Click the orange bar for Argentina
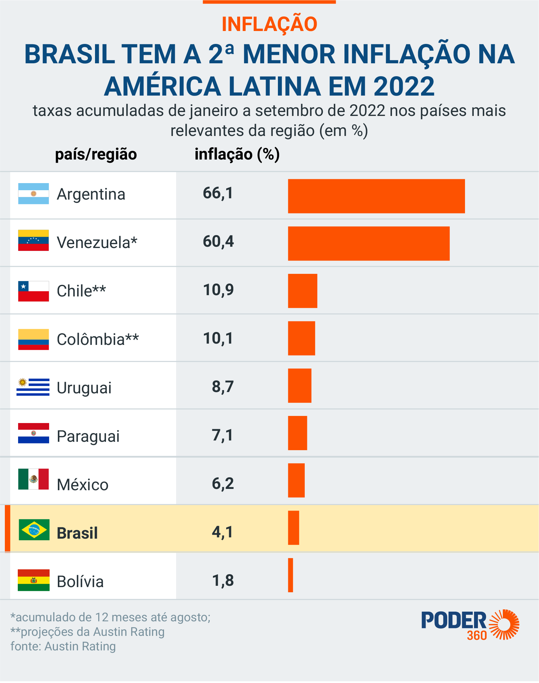coord(376,196)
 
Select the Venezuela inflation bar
coord(369,243)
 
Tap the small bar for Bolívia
coord(291,575)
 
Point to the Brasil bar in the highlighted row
coord(293,528)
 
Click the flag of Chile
coord(34,291)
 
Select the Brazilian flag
coord(34,530)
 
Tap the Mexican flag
coord(34,479)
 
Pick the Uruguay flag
coord(33,387)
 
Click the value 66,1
coord(218,193)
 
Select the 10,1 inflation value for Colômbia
coord(218,338)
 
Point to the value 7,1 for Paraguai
coord(222,435)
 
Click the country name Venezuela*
coord(97,242)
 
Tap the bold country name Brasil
coord(77,533)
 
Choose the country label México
coord(83,484)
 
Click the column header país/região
coord(96,154)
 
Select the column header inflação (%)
coord(237,154)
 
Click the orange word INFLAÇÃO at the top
coord(269,24)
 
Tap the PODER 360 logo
coord(470,625)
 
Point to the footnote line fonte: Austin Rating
coord(63,647)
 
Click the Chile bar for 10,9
coord(302,291)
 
